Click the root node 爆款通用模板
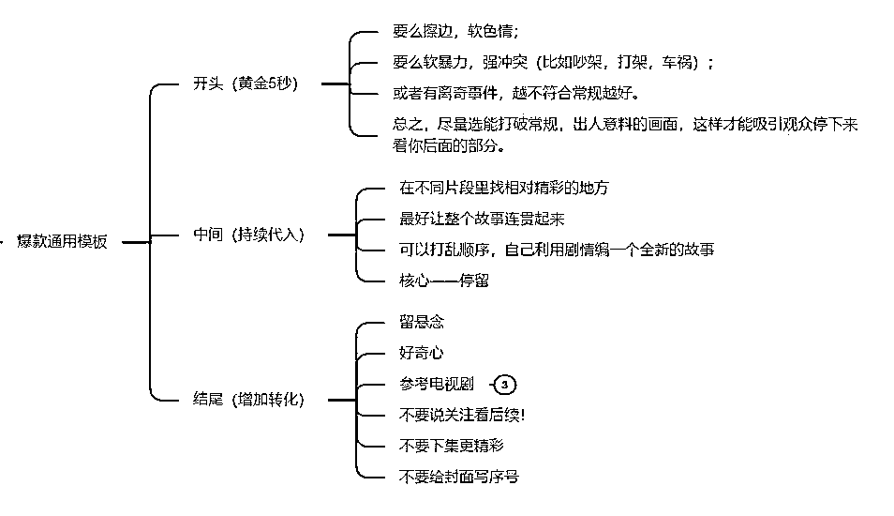click(62, 242)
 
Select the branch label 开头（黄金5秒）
click(245, 83)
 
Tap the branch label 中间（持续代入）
click(248, 235)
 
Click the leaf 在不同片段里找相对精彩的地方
click(503, 188)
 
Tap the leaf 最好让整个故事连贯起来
click(482, 219)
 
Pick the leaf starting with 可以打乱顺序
click(557, 250)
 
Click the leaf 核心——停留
click(443, 281)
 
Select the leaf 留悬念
click(421, 323)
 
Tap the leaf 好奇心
click(421, 354)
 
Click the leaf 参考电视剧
click(437, 385)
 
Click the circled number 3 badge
click(505, 385)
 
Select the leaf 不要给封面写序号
click(458, 477)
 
